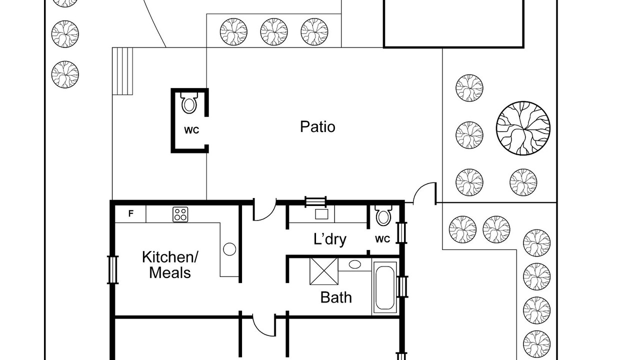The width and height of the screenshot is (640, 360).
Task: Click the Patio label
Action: tap(317, 127)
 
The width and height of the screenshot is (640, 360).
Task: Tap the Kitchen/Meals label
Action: tap(169, 265)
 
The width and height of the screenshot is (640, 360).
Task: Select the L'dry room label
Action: tap(329, 239)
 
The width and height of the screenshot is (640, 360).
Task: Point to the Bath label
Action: tap(336, 297)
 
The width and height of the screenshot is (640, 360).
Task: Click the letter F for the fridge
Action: tap(131, 213)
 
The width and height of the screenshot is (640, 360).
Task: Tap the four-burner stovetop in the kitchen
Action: tap(180, 214)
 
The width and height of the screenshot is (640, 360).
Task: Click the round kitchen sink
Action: tap(229, 249)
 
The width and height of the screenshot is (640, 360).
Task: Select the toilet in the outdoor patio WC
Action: tap(189, 103)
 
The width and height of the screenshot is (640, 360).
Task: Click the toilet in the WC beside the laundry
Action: tap(383, 215)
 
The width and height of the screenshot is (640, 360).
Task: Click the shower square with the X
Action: tap(324, 271)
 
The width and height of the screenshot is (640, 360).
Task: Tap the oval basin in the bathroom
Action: tap(354, 264)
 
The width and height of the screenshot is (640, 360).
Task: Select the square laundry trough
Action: tap(321, 214)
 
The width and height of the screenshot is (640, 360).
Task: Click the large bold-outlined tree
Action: tap(523, 128)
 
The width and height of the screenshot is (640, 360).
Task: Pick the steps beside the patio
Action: tap(122, 71)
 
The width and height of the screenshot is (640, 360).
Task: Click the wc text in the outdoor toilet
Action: tap(191, 130)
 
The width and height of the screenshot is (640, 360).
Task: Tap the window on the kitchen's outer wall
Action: tap(112, 270)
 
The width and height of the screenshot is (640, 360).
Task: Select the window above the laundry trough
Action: tap(315, 201)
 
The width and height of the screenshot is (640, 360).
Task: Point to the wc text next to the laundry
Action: tap(382, 239)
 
